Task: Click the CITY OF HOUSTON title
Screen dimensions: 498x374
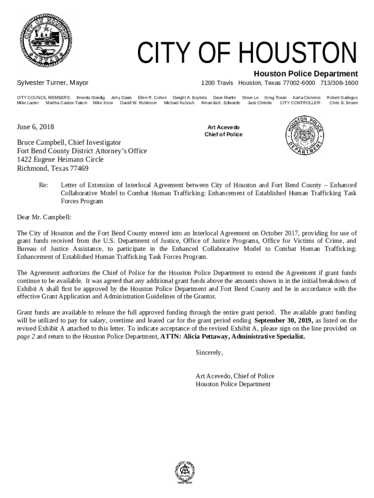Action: click(247, 54)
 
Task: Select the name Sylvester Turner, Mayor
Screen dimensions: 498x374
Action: click(52, 83)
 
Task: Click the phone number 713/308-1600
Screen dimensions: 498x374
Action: click(339, 83)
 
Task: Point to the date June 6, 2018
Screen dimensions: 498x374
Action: click(35, 127)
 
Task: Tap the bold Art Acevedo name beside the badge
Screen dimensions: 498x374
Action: click(223, 127)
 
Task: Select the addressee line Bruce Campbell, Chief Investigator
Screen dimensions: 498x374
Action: click(69, 142)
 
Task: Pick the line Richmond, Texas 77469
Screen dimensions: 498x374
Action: click(52, 169)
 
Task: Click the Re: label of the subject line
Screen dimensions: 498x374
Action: click(44, 185)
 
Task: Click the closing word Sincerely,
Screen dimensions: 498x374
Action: click(209, 352)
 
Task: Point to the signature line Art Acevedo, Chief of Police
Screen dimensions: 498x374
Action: click(235, 376)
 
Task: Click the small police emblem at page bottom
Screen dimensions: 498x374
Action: click(185, 471)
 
